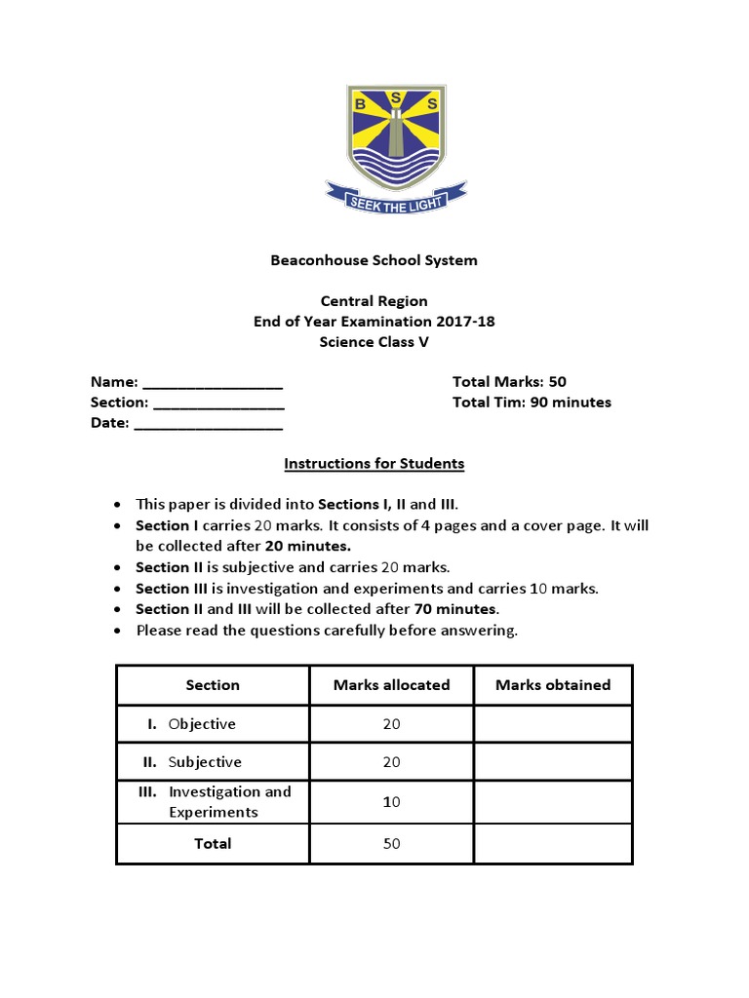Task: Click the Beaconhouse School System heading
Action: (374, 260)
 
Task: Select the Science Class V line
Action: (374, 342)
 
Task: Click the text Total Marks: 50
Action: (509, 382)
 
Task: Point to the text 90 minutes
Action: (571, 403)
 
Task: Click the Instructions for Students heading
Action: (374, 464)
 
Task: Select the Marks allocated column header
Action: (391, 685)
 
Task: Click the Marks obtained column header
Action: (552, 685)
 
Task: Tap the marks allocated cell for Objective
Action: (391, 724)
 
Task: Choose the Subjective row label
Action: (204, 762)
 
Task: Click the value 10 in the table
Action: (391, 802)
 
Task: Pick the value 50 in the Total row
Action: (391, 844)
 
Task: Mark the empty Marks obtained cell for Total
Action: (552, 844)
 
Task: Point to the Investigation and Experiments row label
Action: (228, 802)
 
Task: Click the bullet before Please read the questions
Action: (117, 631)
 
